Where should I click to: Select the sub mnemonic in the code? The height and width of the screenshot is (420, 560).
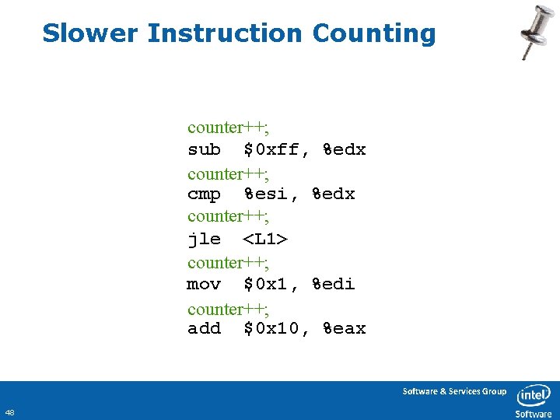click(204, 149)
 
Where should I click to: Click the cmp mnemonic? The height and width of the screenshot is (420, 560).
click(204, 194)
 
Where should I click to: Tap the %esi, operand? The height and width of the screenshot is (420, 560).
click(271, 194)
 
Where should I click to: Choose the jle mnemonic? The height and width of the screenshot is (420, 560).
click(204, 240)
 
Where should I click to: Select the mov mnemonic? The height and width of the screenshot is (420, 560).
click(204, 285)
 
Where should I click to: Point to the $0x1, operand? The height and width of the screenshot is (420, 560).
click(271, 285)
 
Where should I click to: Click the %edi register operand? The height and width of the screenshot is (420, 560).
click(334, 285)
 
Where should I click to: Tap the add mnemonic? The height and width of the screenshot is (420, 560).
click(204, 329)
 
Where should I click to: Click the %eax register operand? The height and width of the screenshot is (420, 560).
click(345, 329)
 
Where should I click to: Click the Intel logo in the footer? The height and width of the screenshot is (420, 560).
click(534, 395)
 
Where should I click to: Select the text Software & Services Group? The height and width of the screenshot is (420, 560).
click(454, 391)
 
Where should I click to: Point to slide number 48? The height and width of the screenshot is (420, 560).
click(9, 411)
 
